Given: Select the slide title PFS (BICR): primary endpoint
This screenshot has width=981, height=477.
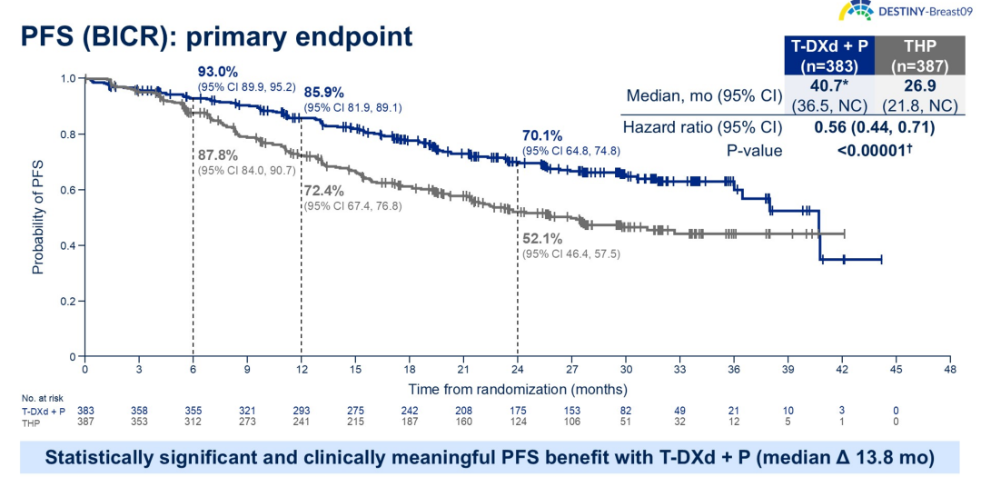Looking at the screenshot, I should pyautogui.click(x=217, y=37).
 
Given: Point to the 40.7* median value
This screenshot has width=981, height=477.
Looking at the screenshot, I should pyautogui.click(x=827, y=86).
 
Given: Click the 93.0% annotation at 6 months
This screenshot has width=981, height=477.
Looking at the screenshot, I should pyautogui.click(x=218, y=72).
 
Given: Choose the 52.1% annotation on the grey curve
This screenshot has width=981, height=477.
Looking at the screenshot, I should pyautogui.click(x=543, y=239).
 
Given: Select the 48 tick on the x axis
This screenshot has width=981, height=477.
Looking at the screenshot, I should pyautogui.click(x=949, y=369).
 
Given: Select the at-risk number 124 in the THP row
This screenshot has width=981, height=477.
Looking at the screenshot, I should pyautogui.click(x=518, y=422).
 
